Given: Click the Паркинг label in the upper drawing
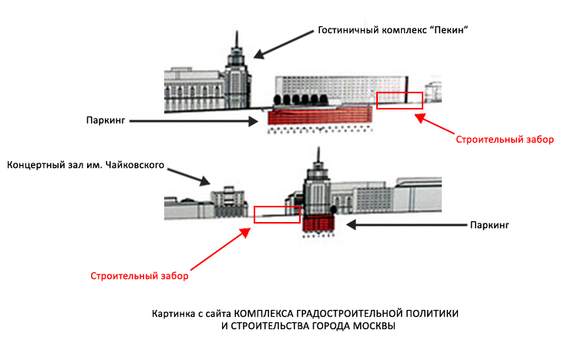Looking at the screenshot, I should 107,120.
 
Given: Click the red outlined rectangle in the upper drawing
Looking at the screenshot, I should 399,100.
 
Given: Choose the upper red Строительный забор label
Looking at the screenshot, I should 493,140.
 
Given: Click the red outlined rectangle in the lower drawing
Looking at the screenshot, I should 277,214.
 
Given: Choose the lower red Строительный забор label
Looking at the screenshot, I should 140,275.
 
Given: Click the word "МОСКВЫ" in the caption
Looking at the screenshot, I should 369,326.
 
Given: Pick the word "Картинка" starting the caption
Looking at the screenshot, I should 172,314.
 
